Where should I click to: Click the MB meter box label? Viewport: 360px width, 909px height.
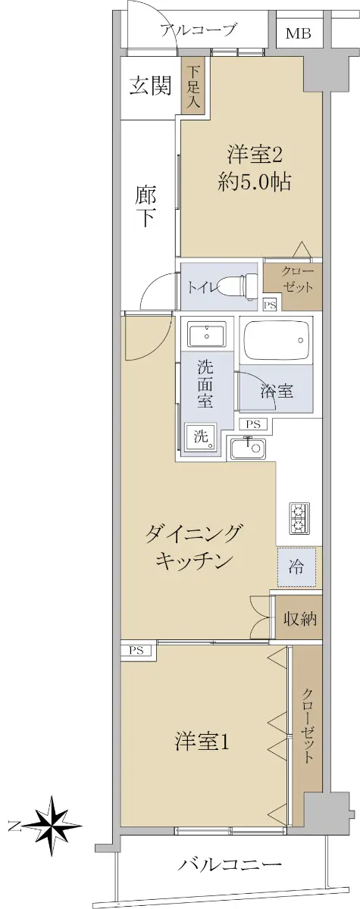click(x=299, y=33)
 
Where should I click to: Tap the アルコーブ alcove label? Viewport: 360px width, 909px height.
click(x=198, y=30)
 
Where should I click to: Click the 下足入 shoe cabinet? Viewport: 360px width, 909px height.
click(x=194, y=88)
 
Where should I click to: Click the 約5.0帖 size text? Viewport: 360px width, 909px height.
click(x=254, y=183)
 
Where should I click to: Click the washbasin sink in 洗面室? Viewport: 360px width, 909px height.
click(x=207, y=334)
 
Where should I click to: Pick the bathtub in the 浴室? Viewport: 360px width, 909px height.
click(x=277, y=339)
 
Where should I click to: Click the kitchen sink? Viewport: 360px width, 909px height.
click(x=248, y=448)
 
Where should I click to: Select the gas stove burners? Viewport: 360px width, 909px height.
click(x=299, y=519)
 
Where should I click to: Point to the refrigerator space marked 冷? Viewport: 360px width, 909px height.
click(x=296, y=567)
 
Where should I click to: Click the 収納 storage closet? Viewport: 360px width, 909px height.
click(x=299, y=620)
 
